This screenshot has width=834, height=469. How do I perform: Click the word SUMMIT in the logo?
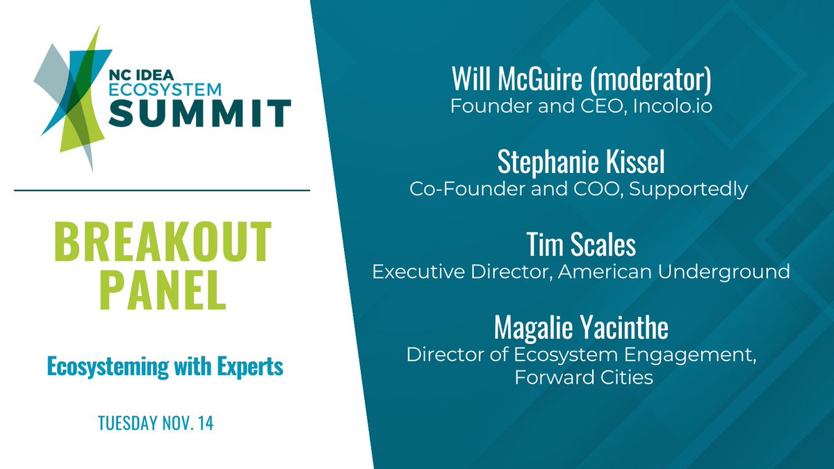[x=199, y=114]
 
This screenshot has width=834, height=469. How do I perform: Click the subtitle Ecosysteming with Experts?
[x=165, y=366]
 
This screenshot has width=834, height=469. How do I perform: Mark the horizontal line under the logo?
[x=162, y=190]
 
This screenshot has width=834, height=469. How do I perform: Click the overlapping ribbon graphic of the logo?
[x=74, y=97]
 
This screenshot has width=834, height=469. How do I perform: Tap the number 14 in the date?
[x=205, y=424]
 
